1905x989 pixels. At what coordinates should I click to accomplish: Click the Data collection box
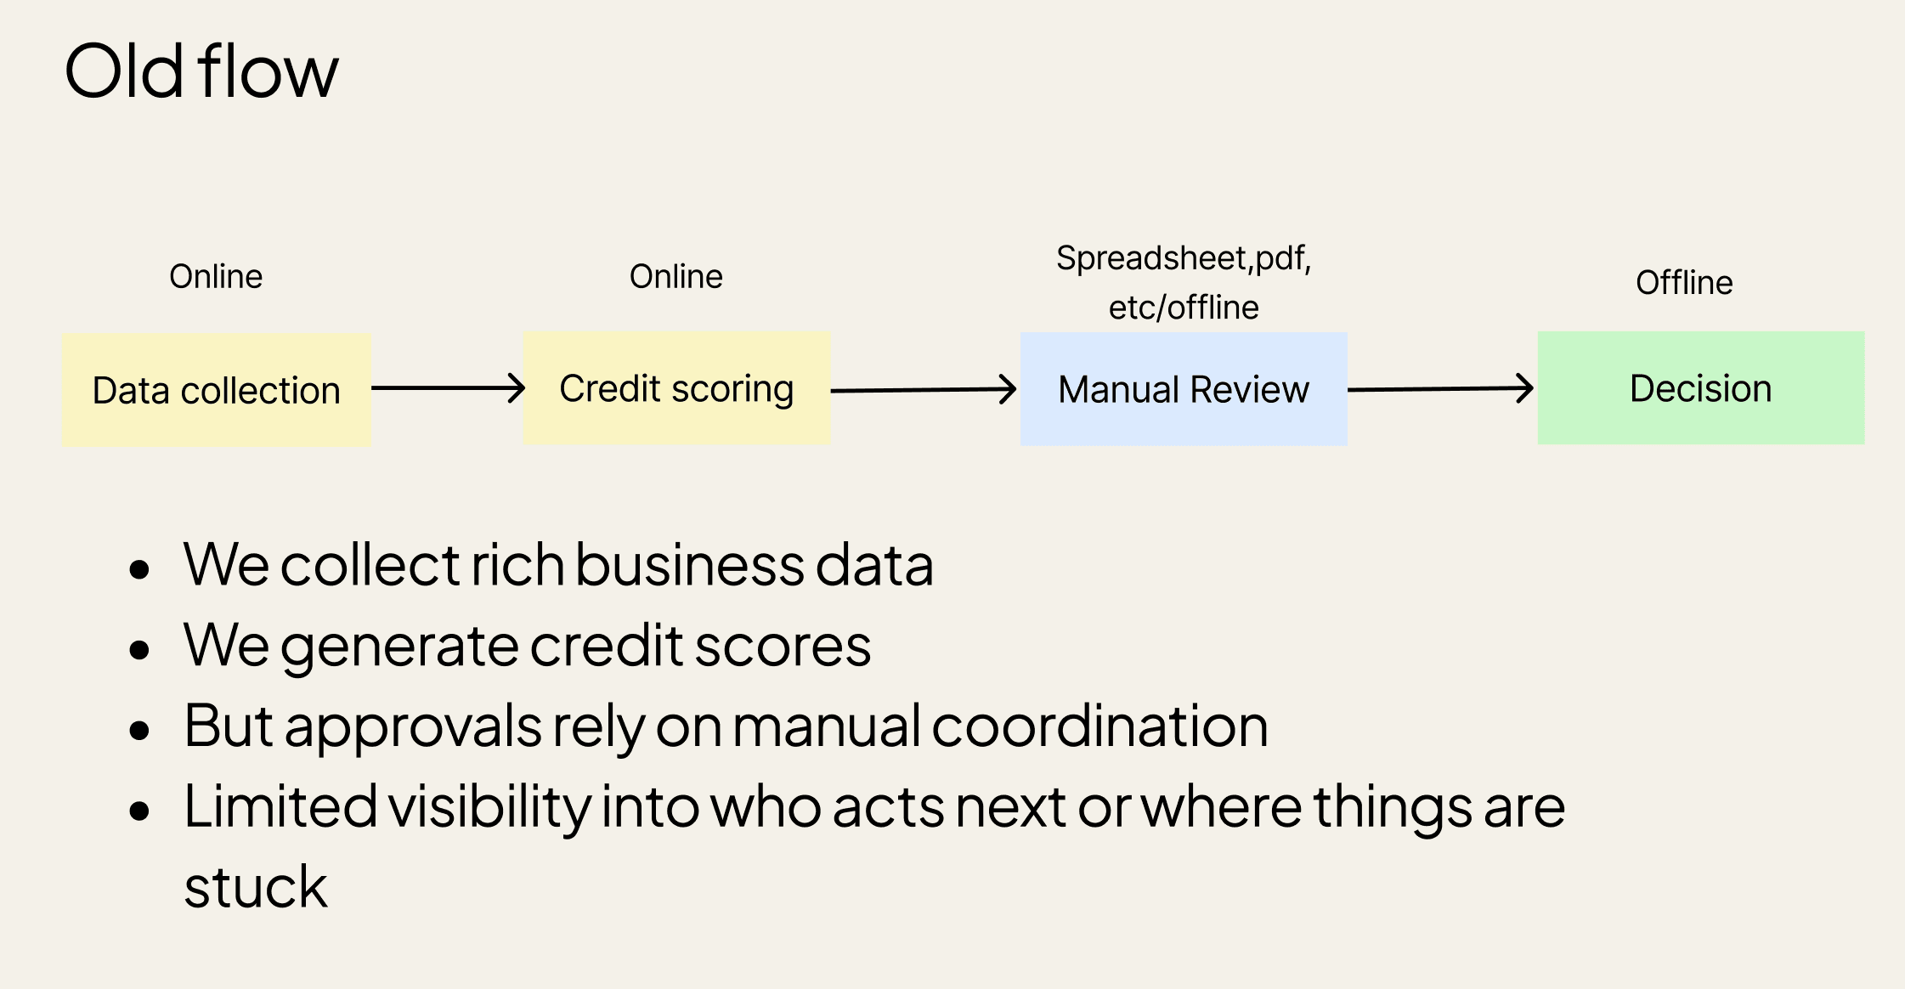tap(217, 389)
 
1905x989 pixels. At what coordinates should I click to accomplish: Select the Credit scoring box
tap(676, 388)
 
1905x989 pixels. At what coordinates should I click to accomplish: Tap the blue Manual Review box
tap(1184, 389)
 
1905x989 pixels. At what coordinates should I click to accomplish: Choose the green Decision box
tap(1701, 388)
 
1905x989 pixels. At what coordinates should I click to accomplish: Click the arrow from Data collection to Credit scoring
tap(448, 388)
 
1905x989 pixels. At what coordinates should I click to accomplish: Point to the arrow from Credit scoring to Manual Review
tap(924, 390)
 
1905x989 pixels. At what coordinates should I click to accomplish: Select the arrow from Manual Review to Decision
tap(1441, 389)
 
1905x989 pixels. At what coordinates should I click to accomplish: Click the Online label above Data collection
tap(216, 276)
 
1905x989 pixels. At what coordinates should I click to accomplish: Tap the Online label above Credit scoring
tap(676, 276)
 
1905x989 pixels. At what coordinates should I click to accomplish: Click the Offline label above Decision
tap(1684, 282)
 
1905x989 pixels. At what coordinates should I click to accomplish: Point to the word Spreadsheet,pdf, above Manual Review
tap(1184, 257)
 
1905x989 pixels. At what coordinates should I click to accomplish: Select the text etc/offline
tap(1184, 307)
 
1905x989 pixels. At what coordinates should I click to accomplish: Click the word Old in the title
tap(124, 71)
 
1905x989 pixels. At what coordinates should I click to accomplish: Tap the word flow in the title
tap(269, 71)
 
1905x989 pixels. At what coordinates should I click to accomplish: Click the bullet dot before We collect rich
tap(139, 568)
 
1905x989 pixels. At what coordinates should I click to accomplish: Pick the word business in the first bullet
tap(689, 565)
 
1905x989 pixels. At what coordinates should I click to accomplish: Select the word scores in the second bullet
tap(783, 646)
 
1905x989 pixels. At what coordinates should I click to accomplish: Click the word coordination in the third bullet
tap(1100, 726)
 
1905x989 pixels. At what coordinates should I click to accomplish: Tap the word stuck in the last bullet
tap(256, 887)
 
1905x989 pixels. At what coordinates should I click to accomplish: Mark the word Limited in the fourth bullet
tap(280, 806)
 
